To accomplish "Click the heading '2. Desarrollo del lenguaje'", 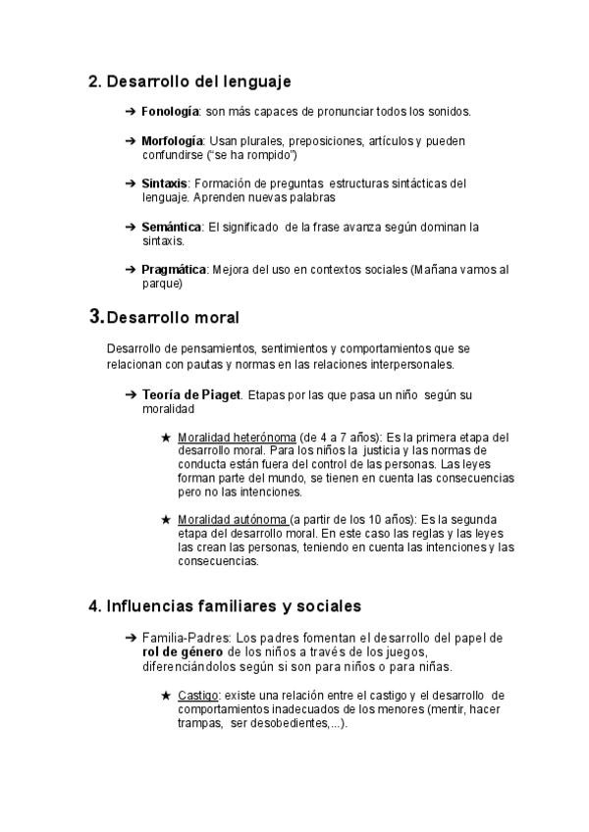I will coord(189,80).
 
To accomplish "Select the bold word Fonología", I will coord(171,112).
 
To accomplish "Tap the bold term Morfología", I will coord(173,142).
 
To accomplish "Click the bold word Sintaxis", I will coord(164,183).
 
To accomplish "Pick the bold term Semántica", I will coord(171,227).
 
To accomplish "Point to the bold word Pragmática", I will coord(175,270).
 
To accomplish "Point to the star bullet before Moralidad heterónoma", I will coord(165,438).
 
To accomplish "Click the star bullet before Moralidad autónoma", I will coord(165,519).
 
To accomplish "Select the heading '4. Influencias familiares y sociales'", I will coord(226,605).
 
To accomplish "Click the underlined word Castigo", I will coord(197,696).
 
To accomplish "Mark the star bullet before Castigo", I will coord(165,696).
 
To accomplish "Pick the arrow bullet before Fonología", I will coord(132,112).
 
